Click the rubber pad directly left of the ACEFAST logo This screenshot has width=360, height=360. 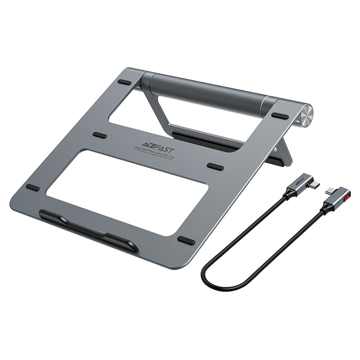point(100,135)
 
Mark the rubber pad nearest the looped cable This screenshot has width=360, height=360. point(187,241)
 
